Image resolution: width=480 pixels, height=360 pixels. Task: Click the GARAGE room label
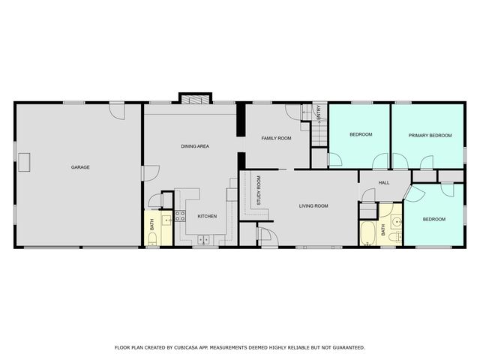pyautogui.click(x=80, y=167)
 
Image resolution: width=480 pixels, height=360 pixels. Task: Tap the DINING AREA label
pyautogui.click(x=195, y=147)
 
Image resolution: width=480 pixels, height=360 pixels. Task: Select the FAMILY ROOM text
pyautogui.click(x=276, y=139)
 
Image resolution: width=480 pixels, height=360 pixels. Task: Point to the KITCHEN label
pyautogui.click(x=207, y=217)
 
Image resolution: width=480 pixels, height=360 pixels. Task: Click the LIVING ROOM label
pyautogui.click(x=313, y=205)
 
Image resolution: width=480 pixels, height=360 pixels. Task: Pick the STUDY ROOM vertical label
pyautogui.click(x=258, y=191)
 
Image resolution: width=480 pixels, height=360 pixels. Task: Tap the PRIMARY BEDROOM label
pyautogui.click(x=430, y=135)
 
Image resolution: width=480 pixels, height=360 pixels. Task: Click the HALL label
pyautogui.click(x=383, y=182)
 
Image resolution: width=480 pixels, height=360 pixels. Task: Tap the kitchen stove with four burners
pyautogui.click(x=180, y=217)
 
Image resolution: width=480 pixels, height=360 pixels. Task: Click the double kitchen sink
pyautogui.click(x=204, y=240)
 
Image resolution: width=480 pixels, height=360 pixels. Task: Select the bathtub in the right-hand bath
pyautogui.click(x=368, y=233)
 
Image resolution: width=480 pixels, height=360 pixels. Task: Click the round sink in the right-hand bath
pyautogui.click(x=395, y=223)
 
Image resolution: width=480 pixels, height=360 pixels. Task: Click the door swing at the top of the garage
pyautogui.click(x=116, y=110)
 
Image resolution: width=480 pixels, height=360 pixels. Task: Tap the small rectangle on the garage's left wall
pyautogui.click(x=25, y=161)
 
